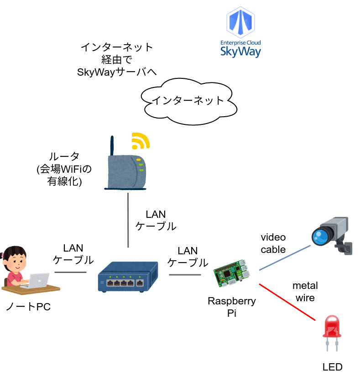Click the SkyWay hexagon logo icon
[240, 22]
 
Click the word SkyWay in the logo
[240, 51]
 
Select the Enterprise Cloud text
[240, 42]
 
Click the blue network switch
[128, 276]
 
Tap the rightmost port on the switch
[140, 283]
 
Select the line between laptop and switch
[70, 273]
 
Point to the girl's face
[16, 262]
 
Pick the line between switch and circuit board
[185, 275]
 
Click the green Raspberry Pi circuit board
[232, 274]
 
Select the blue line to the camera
[285, 258]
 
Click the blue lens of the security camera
[321, 236]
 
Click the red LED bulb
[332, 326]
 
